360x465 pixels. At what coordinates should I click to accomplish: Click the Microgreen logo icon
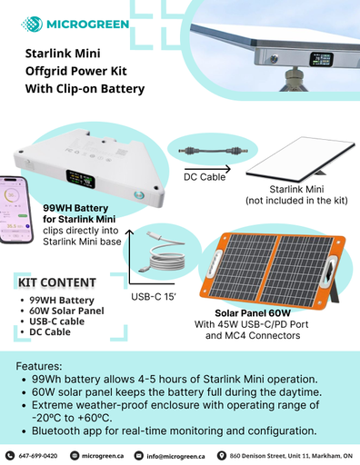click(31, 23)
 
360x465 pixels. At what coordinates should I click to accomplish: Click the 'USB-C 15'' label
click(155, 296)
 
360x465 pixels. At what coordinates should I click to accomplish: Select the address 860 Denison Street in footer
click(291, 455)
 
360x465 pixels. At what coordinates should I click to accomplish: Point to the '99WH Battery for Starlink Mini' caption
click(80, 213)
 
